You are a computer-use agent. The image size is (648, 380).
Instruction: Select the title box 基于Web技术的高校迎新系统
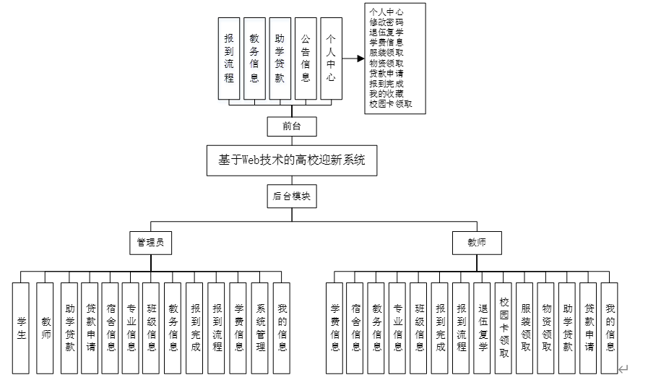[292, 160]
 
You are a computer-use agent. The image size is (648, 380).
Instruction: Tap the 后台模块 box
[292, 196]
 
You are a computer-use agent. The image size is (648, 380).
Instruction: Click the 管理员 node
[150, 242]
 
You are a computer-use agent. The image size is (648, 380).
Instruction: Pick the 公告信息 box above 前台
[306, 59]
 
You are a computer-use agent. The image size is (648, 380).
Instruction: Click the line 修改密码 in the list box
[386, 22]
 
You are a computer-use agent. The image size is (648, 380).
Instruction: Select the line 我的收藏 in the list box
[386, 93]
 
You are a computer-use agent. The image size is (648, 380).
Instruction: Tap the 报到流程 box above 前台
[229, 59]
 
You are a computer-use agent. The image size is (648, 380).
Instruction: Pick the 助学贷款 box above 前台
[280, 59]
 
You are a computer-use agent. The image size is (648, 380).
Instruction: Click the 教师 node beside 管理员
[476, 242]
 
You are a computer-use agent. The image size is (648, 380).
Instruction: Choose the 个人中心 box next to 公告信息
[331, 59]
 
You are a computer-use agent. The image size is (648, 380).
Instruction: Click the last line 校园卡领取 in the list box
[390, 104]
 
